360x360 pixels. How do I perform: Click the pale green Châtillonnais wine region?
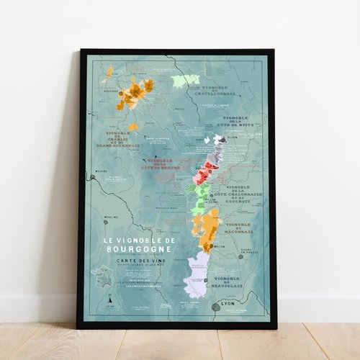[x=185, y=80]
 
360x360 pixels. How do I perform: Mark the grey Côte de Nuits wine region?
[x=215, y=150]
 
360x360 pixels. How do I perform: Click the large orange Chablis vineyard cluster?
[x=135, y=92]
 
